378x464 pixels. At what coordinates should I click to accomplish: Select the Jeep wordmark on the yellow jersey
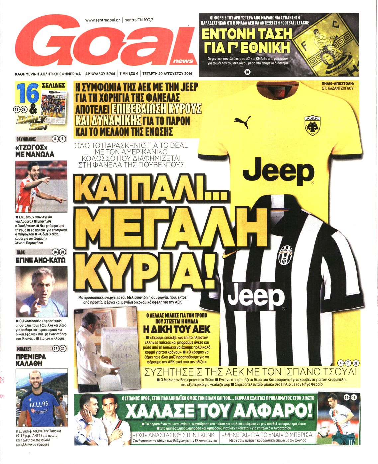coord(278,172)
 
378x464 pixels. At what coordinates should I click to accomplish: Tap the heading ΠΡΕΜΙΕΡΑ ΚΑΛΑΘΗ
coord(31,360)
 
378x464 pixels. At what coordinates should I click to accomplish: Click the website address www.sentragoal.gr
coord(103,20)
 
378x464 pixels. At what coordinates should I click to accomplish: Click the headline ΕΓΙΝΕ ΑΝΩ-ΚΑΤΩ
coord(41,260)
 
